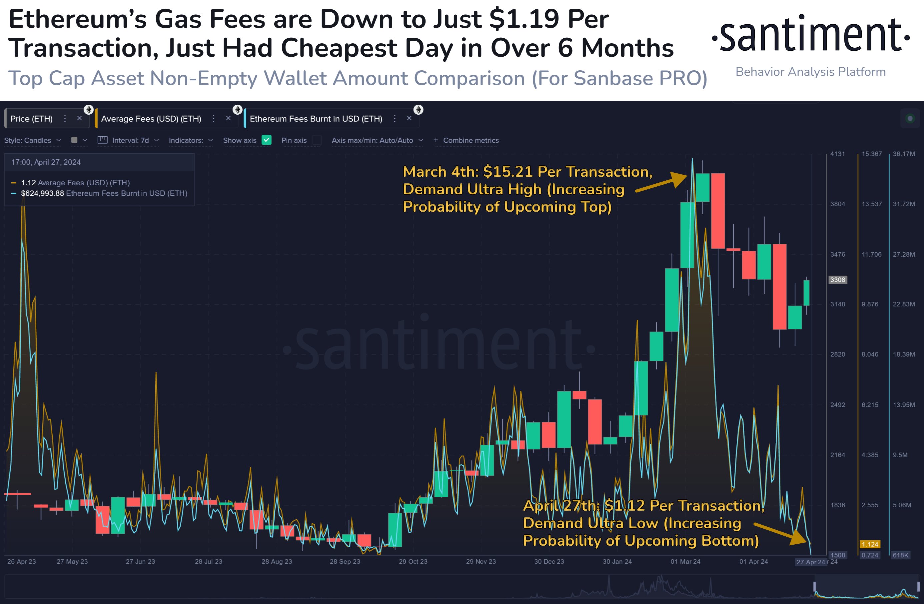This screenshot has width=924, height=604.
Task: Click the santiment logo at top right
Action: click(x=811, y=35)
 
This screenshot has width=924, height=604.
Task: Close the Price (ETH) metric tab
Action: click(x=79, y=118)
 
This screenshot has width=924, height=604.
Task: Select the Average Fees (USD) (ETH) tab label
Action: click(x=151, y=119)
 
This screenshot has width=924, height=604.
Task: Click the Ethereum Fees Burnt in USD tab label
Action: click(x=316, y=119)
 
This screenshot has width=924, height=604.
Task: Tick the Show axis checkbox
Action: click(x=266, y=140)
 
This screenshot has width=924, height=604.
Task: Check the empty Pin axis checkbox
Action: click(x=317, y=140)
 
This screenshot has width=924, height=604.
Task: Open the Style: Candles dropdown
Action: click(x=33, y=140)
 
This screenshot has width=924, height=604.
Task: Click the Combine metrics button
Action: click(x=466, y=140)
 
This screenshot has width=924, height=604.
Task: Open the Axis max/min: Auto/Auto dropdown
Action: click(x=377, y=140)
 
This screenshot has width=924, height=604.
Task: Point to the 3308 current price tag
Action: click(x=837, y=280)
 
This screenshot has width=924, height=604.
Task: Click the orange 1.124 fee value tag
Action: click(x=870, y=544)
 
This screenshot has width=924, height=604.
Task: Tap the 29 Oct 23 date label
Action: click(x=413, y=561)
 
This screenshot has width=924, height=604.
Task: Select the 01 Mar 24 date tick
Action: click(x=685, y=561)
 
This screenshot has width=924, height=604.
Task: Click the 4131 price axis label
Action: click(x=837, y=154)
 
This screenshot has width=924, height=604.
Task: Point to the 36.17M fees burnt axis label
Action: click(x=903, y=154)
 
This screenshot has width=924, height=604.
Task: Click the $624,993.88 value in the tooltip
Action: click(x=42, y=193)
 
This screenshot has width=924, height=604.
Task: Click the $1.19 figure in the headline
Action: click(x=524, y=19)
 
